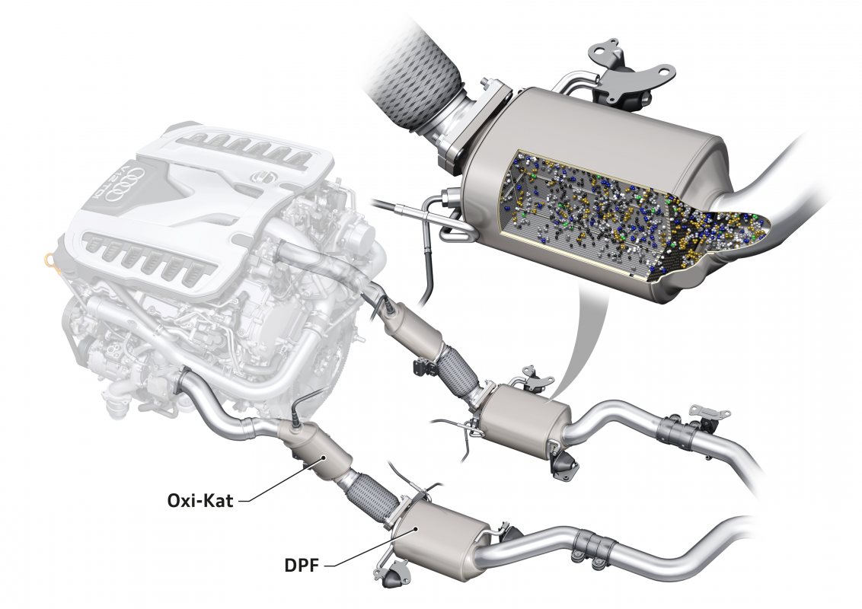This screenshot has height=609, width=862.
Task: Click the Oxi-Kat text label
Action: click(200, 500)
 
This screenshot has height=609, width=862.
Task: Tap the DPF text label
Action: click(302, 565)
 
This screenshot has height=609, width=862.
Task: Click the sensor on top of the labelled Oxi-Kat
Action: click(299, 416)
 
